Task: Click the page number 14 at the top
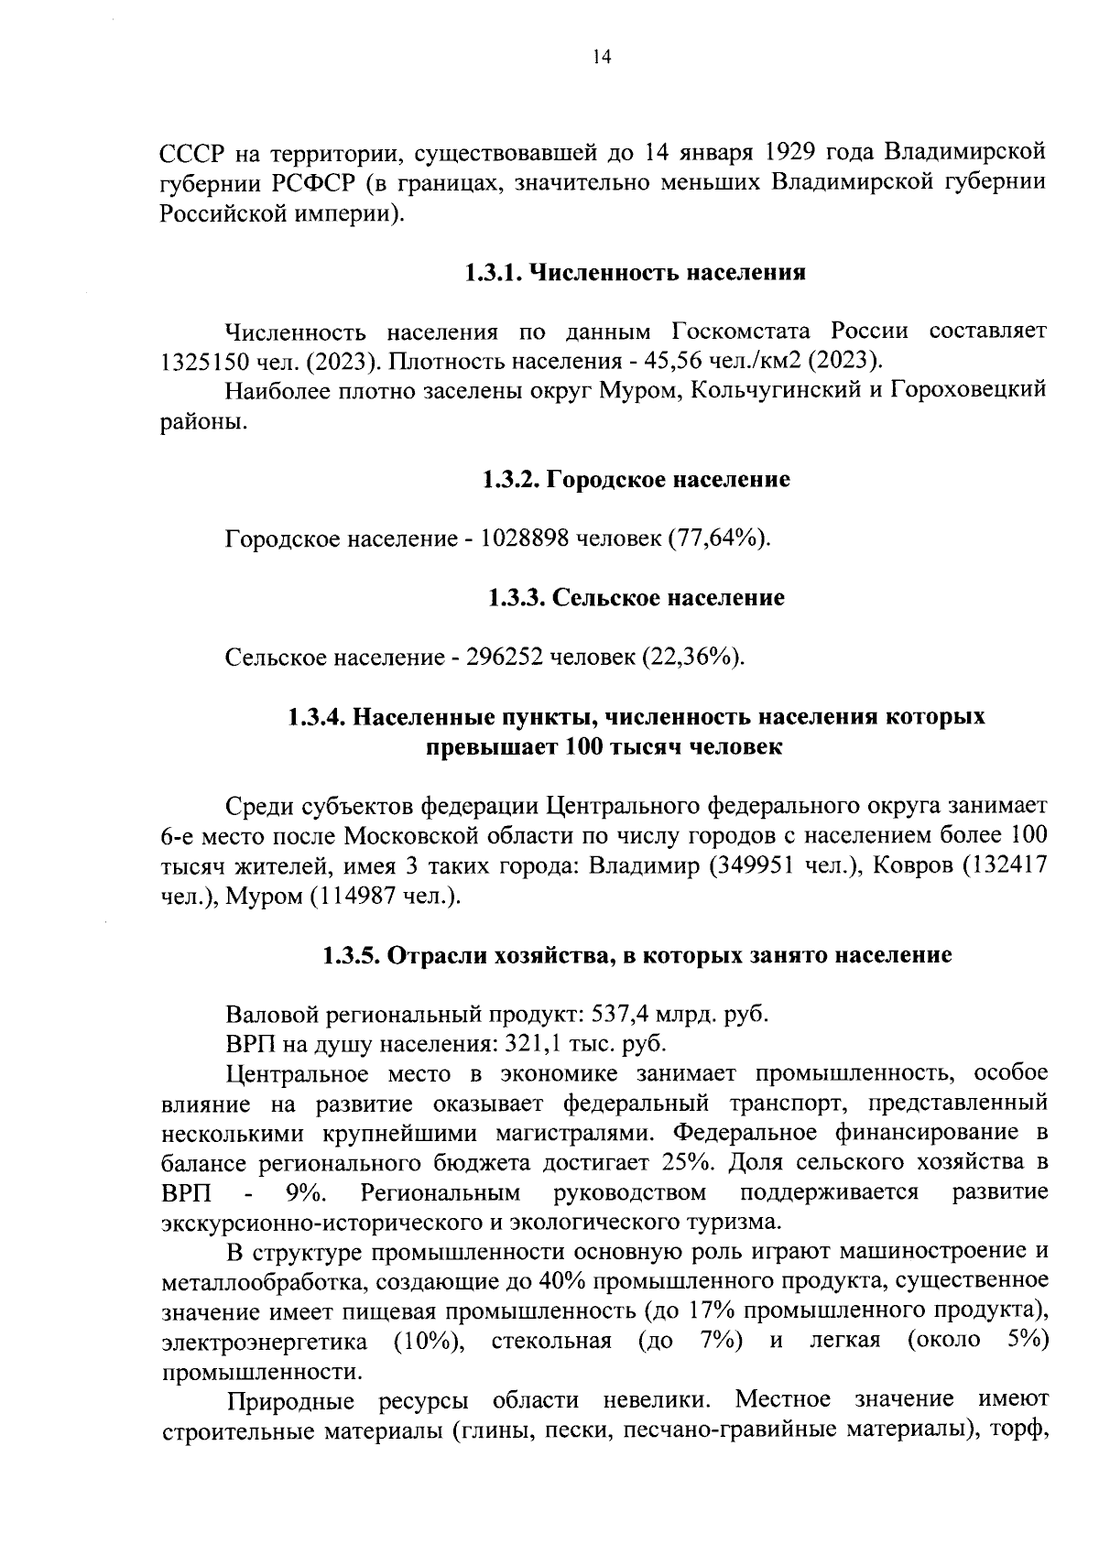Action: [x=603, y=57]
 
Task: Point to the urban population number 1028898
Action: [x=519, y=538]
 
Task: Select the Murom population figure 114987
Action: [x=359, y=896]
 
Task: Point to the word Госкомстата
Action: [x=745, y=331]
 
